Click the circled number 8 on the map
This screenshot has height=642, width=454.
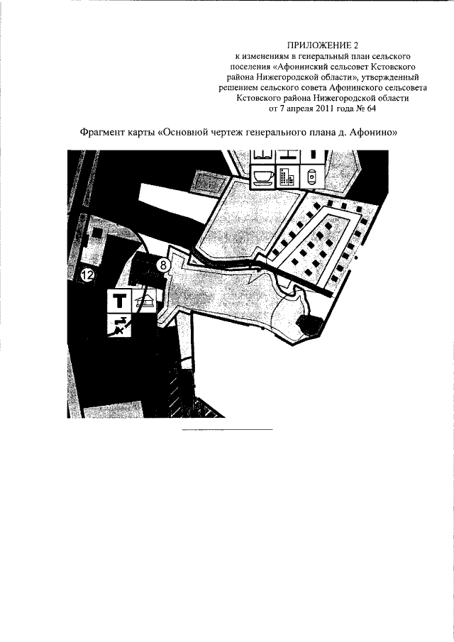163,265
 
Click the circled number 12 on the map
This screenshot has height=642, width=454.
87,275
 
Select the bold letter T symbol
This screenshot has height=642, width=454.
119,301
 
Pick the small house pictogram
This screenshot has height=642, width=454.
144,301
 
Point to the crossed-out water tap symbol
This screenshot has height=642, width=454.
119,325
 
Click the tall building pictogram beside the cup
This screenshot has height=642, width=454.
287,177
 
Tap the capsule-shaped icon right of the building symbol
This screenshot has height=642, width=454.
312,177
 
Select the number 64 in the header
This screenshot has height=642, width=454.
371,109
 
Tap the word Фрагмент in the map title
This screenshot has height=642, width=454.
99,133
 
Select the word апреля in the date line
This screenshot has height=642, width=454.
297,109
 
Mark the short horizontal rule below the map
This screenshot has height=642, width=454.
227,430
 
